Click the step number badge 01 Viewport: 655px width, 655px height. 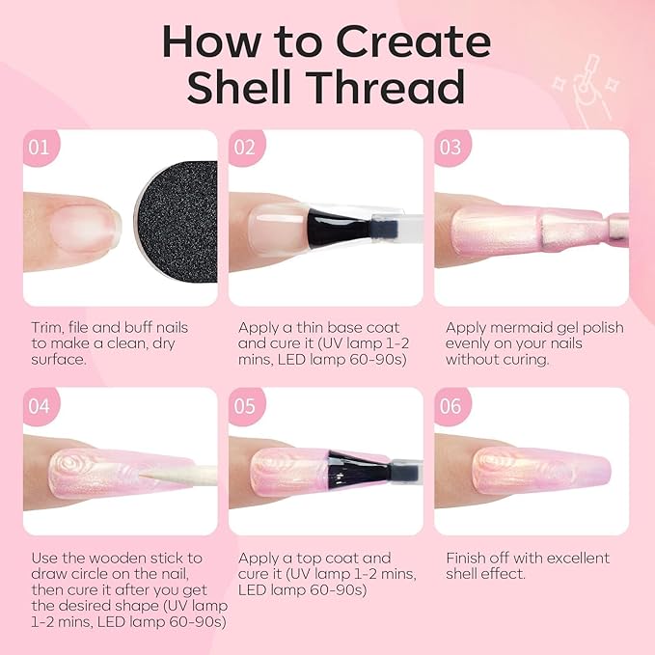(40, 148)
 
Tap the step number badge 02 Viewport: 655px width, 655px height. (246, 148)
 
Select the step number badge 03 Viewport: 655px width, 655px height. (450, 148)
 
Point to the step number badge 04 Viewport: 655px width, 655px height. (40, 406)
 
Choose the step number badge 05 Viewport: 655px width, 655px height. (246, 406)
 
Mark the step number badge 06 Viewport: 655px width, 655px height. (450, 406)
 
